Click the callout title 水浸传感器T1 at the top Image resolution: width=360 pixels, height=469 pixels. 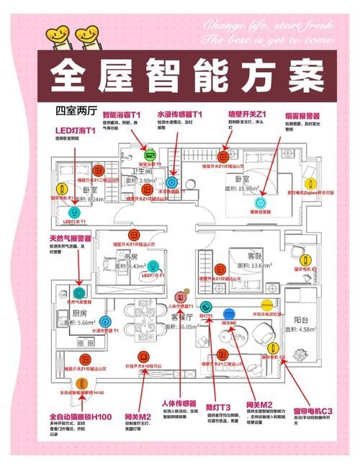coord(179,115)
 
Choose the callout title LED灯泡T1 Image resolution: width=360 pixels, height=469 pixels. coord(75,130)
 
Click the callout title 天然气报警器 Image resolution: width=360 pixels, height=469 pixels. coord(70,238)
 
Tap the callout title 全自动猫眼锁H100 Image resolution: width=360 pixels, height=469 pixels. coord(80,417)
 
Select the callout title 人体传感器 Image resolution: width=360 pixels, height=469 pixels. coord(179,403)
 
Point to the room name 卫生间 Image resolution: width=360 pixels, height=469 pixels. coord(140,172)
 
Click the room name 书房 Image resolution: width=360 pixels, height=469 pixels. coord(130,256)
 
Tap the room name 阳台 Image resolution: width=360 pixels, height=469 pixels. coord(300,319)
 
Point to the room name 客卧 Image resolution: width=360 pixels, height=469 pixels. coord(256,256)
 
